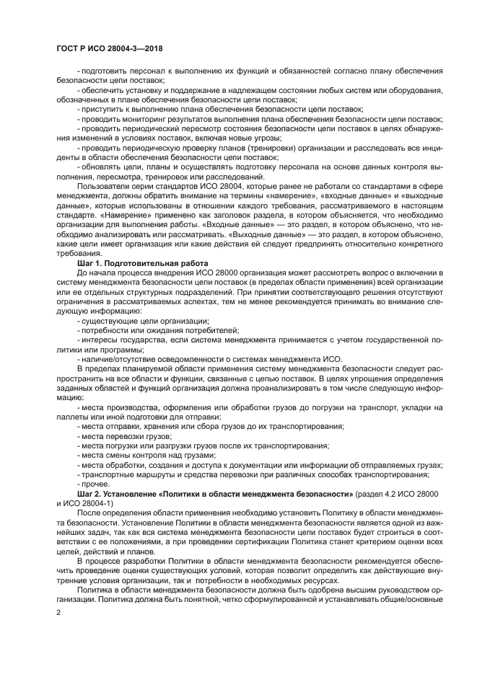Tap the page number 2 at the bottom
click(x=58, y=612)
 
